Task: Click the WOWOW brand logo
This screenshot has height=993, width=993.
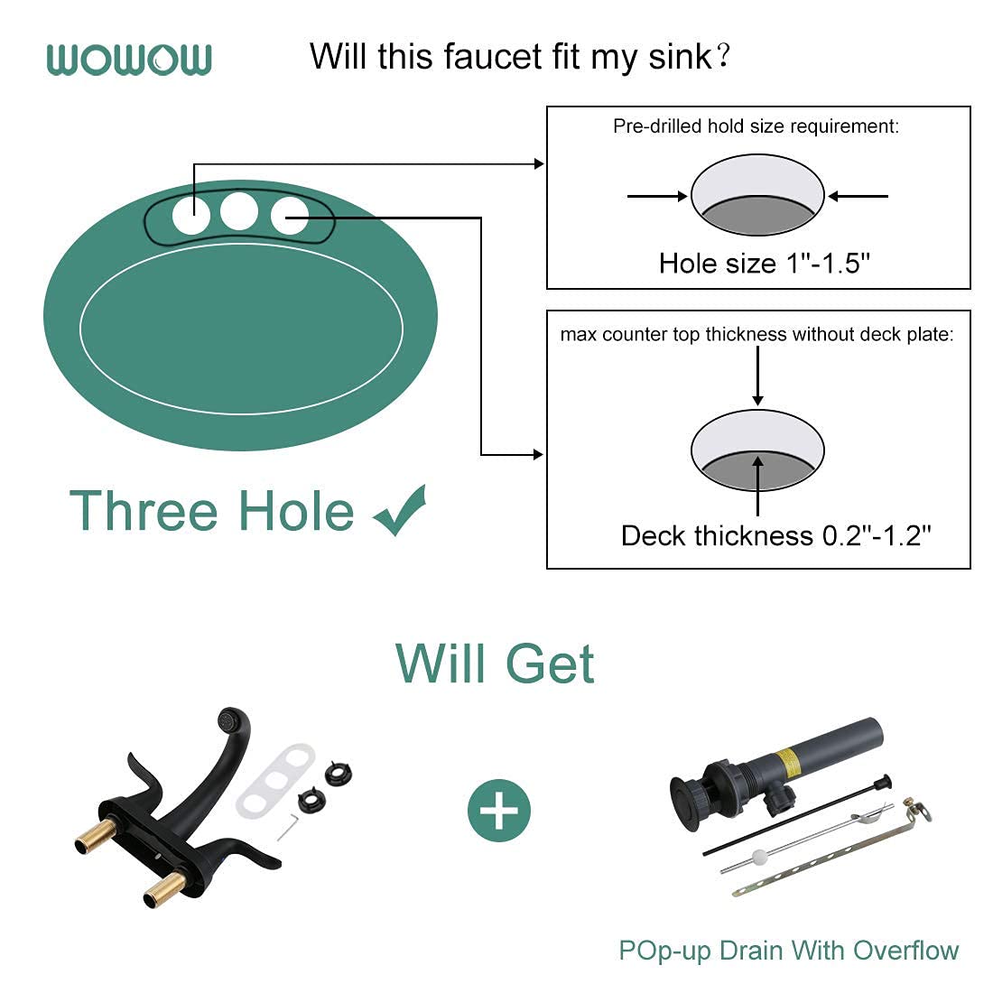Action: tap(129, 60)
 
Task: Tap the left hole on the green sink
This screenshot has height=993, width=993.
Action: tap(191, 217)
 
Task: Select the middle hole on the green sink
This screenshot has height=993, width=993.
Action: tap(239, 211)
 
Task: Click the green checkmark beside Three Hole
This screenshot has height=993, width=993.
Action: tap(400, 510)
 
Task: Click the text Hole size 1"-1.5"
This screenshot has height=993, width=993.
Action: tap(764, 264)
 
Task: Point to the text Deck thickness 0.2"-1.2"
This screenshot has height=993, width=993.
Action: tap(775, 536)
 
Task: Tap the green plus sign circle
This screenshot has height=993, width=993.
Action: tap(499, 811)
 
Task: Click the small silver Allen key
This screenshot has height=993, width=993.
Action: tap(288, 825)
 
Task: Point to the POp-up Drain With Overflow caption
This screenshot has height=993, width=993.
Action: tap(788, 951)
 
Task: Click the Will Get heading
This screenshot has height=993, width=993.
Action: tap(495, 664)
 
